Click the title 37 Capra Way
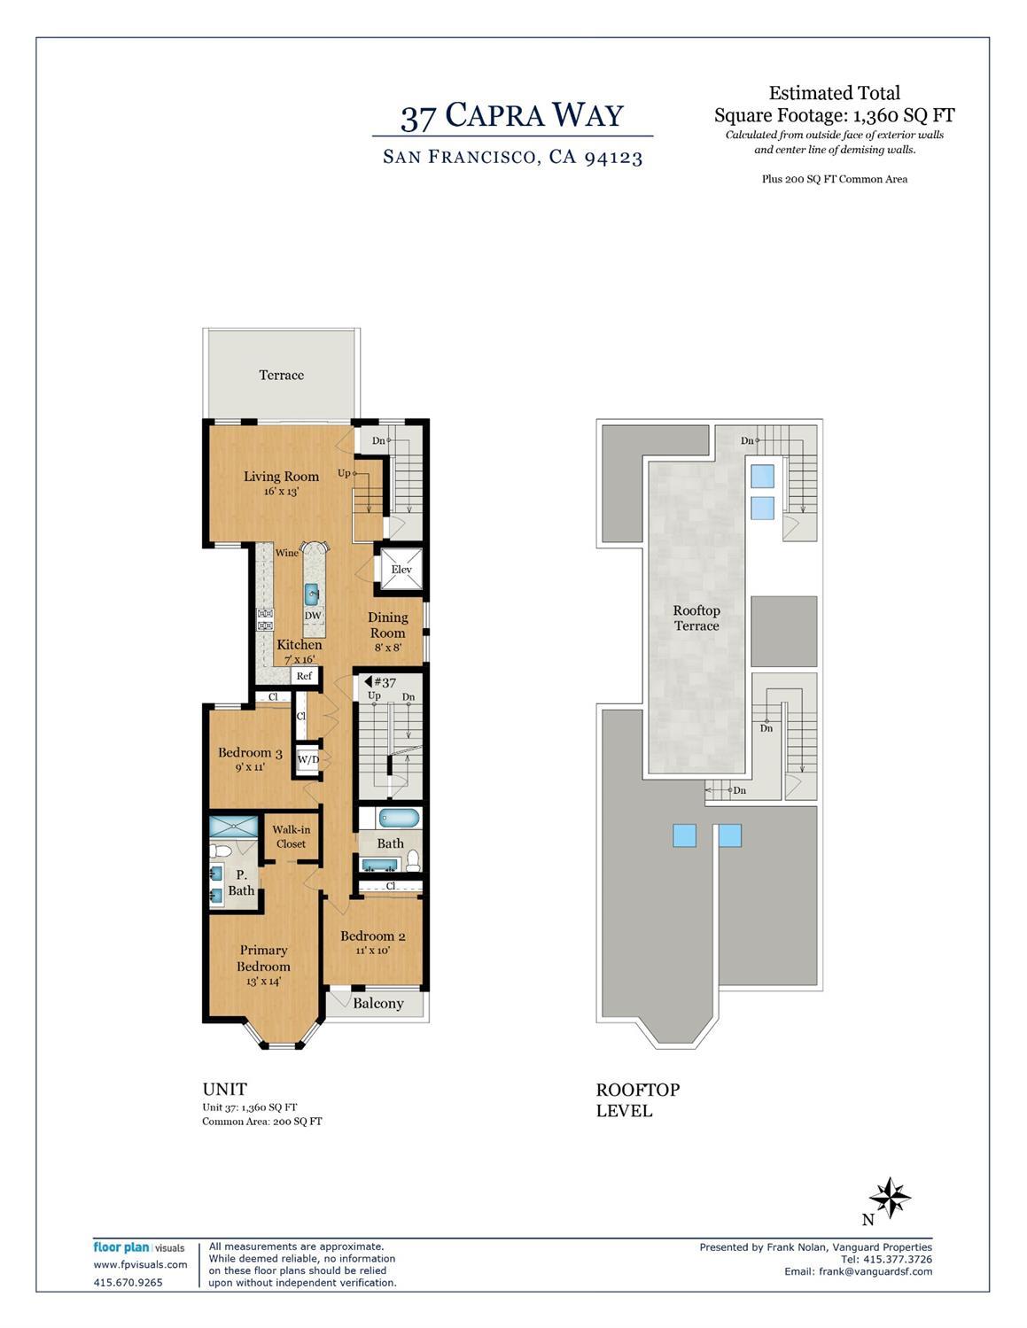[x=512, y=116]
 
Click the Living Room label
[x=281, y=477]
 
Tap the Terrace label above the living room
[x=281, y=375]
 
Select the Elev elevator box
[x=401, y=570]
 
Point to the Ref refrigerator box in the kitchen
[x=304, y=676]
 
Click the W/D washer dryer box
[x=307, y=759]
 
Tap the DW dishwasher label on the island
[x=313, y=616]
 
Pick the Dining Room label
[x=387, y=625]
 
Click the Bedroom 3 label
[x=250, y=754]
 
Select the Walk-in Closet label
[x=291, y=836]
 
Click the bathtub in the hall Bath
[x=391, y=817]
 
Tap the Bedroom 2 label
[x=372, y=936]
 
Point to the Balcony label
[x=377, y=1004]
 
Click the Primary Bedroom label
[x=263, y=958]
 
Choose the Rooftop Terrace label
[x=696, y=617]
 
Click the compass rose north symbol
[x=889, y=1200]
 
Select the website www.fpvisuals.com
[x=140, y=1264]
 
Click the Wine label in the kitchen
[x=286, y=553]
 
